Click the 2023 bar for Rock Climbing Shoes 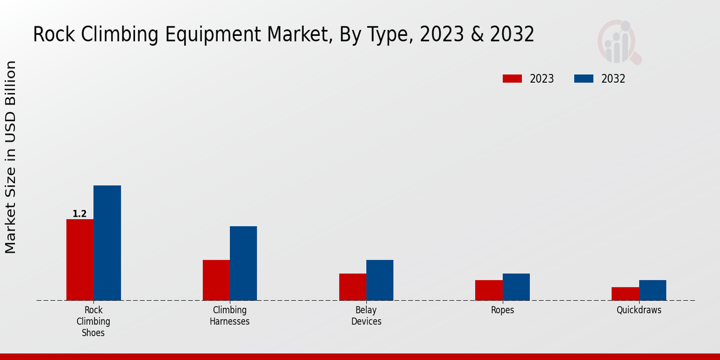(x=80, y=260)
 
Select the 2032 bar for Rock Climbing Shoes (x=107, y=243)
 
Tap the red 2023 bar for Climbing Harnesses (x=216, y=280)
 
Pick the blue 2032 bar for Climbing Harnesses (x=243, y=263)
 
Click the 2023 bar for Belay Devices (x=352, y=287)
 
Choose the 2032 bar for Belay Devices (x=380, y=280)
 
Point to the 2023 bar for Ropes (x=488, y=290)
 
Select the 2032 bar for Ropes (x=516, y=287)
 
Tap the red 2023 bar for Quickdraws (x=625, y=294)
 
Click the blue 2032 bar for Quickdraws (x=652, y=290)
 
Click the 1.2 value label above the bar (x=80, y=214)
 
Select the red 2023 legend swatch (x=512, y=79)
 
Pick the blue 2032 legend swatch (x=584, y=79)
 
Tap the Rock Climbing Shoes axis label (x=93, y=321)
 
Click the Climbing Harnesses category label (x=230, y=316)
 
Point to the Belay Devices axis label (x=366, y=316)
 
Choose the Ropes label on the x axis (x=502, y=310)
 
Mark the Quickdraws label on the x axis (x=639, y=310)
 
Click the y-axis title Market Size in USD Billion (x=11, y=157)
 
